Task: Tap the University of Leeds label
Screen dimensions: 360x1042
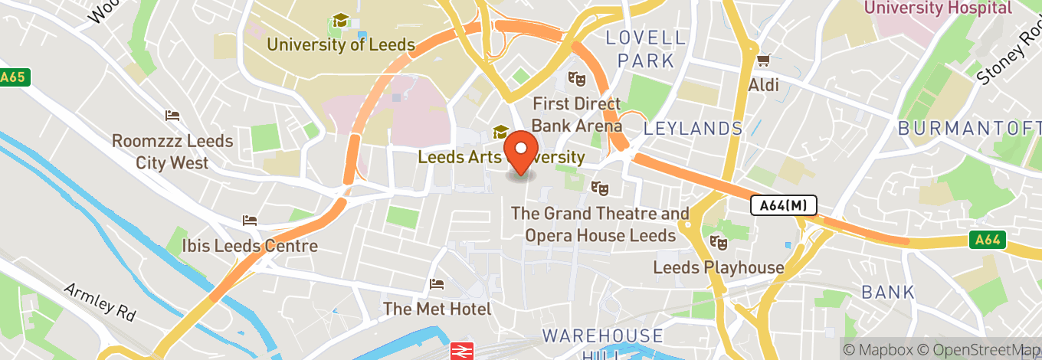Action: pyautogui.click(x=340, y=44)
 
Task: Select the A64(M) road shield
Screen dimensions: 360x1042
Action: pyautogui.click(x=783, y=205)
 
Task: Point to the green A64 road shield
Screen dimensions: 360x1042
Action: pyautogui.click(x=988, y=241)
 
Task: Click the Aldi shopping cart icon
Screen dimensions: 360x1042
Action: pyautogui.click(x=762, y=60)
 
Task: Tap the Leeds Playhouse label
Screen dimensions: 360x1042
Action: pyautogui.click(x=718, y=267)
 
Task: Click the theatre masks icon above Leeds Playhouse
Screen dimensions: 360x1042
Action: pyautogui.click(x=718, y=243)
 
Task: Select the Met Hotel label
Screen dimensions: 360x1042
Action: pyautogui.click(x=437, y=309)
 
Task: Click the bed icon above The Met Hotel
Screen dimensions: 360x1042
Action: pyautogui.click(x=437, y=284)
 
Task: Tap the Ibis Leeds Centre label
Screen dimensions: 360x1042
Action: pyautogui.click(x=250, y=246)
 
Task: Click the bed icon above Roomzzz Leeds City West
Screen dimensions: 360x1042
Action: pyautogui.click(x=172, y=116)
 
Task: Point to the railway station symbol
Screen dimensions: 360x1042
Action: pyautogui.click(x=460, y=350)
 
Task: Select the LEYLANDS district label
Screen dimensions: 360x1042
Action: pyautogui.click(x=693, y=128)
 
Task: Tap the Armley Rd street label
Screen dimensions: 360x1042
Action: pyautogui.click(x=100, y=301)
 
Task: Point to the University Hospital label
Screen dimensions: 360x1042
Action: pyautogui.click(x=938, y=8)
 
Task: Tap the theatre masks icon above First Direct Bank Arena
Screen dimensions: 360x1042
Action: pyautogui.click(x=575, y=78)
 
